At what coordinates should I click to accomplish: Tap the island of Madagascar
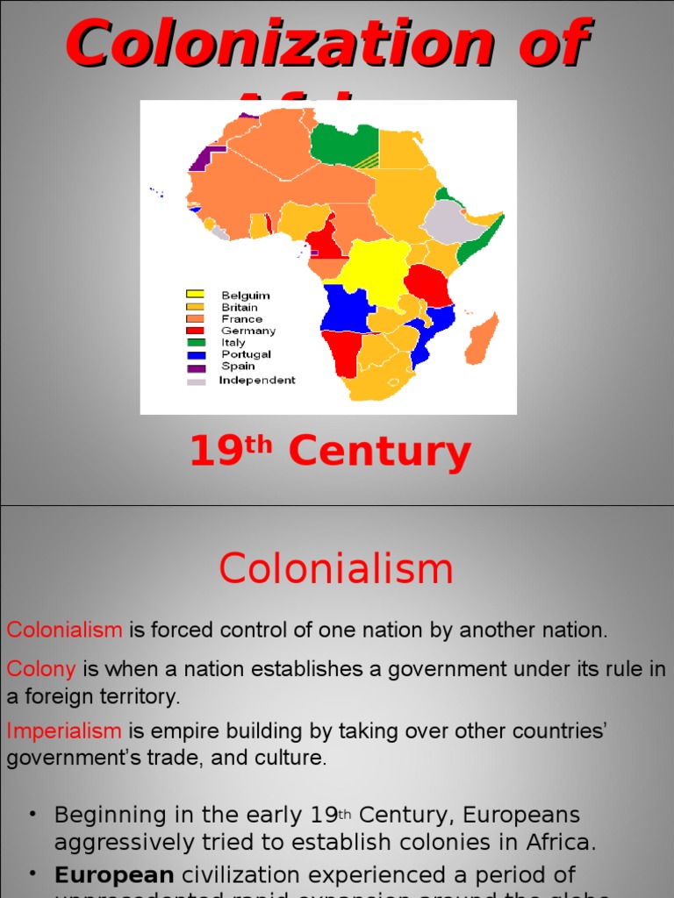click(x=482, y=339)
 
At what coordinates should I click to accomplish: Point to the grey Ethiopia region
click(x=453, y=221)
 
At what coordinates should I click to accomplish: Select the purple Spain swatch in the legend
click(x=195, y=367)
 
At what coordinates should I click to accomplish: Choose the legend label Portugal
click(x=246, y=355)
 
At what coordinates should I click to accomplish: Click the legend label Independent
click(x=257, y=381)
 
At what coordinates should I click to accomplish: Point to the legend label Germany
click(x=248, y=331)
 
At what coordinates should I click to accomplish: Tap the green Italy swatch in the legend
click(x=195, y=343)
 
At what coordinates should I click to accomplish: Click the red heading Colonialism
click(x=336, y=569)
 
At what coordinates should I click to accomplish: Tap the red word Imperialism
click(x=64, y=731)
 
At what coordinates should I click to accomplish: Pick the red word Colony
click(x=41, y=669)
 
